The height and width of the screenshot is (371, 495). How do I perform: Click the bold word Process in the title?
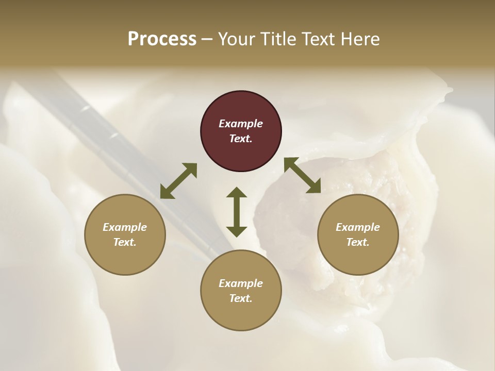162,39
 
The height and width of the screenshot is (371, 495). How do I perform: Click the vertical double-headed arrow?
237,212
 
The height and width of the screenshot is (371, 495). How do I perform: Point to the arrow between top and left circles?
178,181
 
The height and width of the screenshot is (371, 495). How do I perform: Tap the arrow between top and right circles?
302,175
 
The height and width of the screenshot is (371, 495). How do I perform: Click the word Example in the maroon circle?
241,124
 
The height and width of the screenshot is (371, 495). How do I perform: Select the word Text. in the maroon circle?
241,139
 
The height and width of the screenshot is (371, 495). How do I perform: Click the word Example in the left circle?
125,227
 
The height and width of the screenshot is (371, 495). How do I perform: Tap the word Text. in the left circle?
125,242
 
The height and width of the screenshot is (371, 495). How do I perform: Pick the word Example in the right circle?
358,227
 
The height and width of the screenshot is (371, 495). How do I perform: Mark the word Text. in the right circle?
358,242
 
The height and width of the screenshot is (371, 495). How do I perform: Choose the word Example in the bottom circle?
241,283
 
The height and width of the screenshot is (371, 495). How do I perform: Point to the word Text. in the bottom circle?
241,298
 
